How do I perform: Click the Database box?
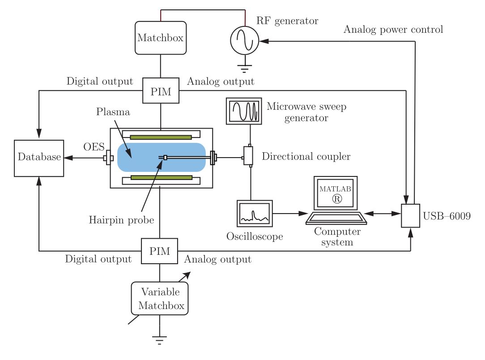pyautogui.click(x=39, y=158)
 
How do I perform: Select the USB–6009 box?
pyautogui.click(x=410, y=216)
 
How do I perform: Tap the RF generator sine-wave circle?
pyautogui.click(x=245, y=41)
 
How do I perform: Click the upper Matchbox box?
pyautogui.click(x=161, y=38)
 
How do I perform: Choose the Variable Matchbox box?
pyautogui.click(x=160, y=298)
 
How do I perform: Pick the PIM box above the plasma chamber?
pyautogui.click(x=161, y=90)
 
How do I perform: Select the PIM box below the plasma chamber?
pyautogui.click(x=160, y=251)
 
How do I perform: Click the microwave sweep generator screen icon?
pyautogui.click(x=244, y=111)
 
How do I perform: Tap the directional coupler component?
pyautogui.click(x=248, y=156)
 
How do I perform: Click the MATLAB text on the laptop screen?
pyautogui.click(x=335, y=189)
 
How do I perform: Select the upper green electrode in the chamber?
pyautogui.click(x=161, y=137)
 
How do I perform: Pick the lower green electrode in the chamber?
pyautogui.click(x=162, y=177)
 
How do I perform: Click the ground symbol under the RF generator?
pyautogui.click(x=244, y=69)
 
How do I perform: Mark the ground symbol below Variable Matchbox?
pyautogui.click(x=160, y=340)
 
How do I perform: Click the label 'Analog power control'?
pyautogui.click(x=393, y=30)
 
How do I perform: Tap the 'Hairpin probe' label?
pyautogui.click(x=121, y=220)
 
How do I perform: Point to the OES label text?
pyautogui.click(x=94, y=146)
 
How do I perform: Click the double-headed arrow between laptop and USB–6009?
pyautogui.click(x=383, y=213)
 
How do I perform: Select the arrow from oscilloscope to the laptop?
pyautogui.click(x=290, y=213)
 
